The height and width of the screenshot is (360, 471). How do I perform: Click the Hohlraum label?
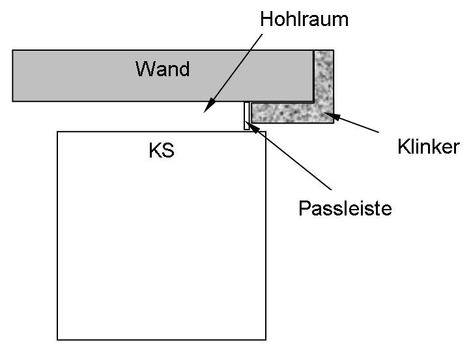(304, 19)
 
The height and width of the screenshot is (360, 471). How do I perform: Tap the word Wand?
(162, 68)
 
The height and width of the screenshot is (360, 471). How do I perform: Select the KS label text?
(162, 151)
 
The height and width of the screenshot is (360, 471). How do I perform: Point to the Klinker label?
(428, 147)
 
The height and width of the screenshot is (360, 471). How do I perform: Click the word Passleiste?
(345, 209)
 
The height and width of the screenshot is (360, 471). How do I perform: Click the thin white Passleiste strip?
(247, 116)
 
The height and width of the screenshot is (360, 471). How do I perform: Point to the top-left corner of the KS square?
(57, 132)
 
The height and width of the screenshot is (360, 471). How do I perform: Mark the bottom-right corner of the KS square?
(266, 339)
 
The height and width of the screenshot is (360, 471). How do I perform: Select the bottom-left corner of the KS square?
(57, 339)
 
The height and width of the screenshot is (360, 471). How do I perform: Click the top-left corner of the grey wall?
(13, 50)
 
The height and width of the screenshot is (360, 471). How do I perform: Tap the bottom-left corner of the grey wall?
(13, 101)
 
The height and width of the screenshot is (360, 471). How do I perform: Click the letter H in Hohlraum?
(266, 19)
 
